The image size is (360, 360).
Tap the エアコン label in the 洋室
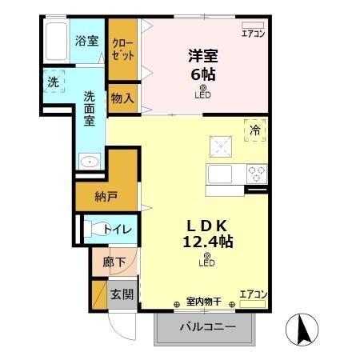point(253,33)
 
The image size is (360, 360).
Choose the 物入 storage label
point(122,98)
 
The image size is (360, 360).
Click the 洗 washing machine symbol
point(52,82)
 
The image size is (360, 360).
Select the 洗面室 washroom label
point(90,107)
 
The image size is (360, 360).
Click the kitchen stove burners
point(256,171)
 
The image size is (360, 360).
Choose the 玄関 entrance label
point(122,294)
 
